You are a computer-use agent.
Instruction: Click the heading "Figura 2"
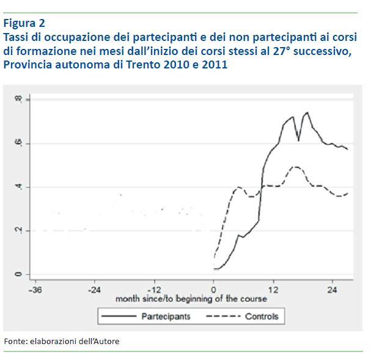(24, 24)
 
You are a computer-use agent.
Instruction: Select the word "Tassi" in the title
(17, 37)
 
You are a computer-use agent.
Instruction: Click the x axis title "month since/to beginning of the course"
(191, 299)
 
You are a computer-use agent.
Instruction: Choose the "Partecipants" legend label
(166, 316)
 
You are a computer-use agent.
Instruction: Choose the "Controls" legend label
(262, 316)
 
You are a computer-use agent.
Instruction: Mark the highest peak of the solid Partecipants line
(307, 112)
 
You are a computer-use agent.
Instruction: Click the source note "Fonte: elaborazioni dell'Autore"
(62, 341)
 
